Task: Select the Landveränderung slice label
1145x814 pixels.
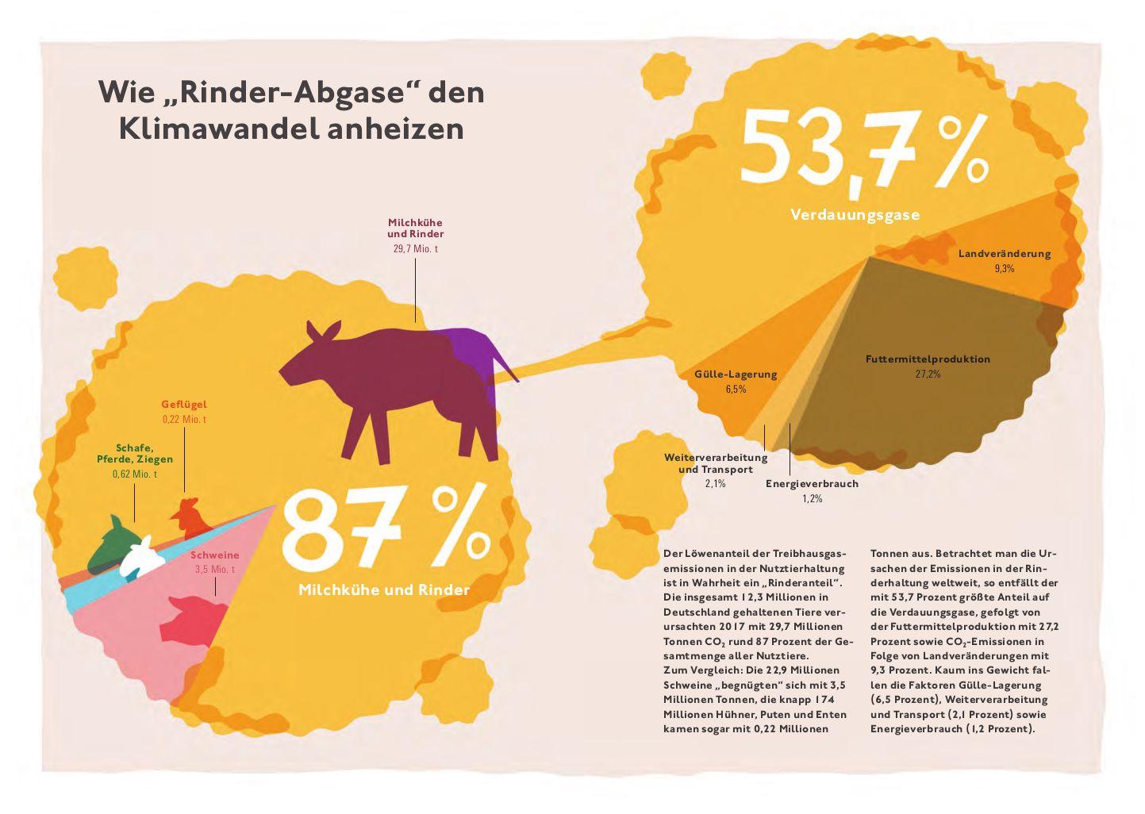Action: [x=1004, y=254]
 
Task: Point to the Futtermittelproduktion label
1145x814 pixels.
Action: [x=928, y=359]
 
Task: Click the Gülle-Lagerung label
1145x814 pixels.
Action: [x=736, y=374]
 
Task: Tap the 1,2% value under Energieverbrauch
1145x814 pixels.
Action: [x=812, y=499]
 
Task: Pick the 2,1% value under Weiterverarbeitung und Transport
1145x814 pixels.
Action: [x=715, y=483]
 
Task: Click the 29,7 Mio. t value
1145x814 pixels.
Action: [x=415, y=249]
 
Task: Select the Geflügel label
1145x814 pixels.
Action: [x=184, y=405]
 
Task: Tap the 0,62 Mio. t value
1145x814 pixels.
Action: [x=135, y=474]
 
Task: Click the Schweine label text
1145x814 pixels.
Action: [x=214, y=555]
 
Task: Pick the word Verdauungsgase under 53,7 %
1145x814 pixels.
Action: [x=855, y=214]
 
